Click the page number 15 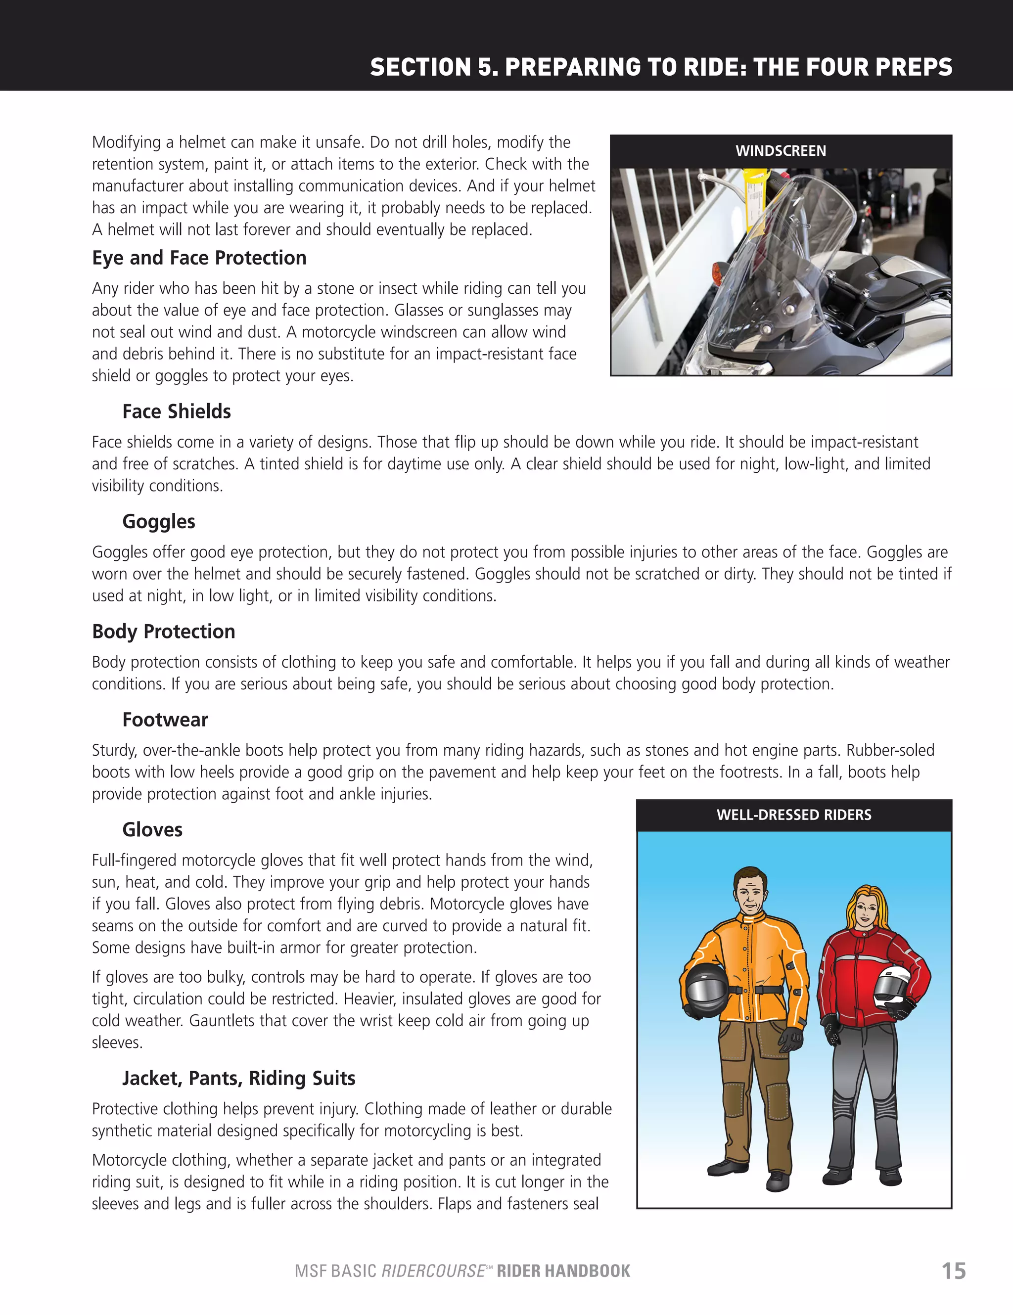tap(953, 1270)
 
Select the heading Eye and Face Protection tap(199, 258)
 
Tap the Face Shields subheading tap(177, 411)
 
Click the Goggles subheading tap(158, 521)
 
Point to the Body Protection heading tap(163, 632)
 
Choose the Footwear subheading tap(165, 720)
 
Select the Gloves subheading tap(152, 830)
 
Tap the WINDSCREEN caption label tap(781, 151)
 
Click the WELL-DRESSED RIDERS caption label tap(794, 815)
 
